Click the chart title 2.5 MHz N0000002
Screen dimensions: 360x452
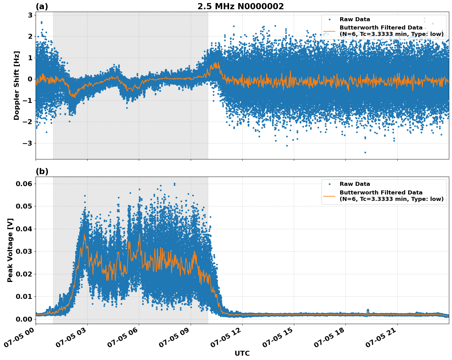point(240,6)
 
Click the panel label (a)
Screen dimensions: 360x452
point(42,6)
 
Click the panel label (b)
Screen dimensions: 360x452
point(42,171)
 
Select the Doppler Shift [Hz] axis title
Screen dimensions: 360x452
point(17,85)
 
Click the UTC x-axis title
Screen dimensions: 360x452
point(242,353)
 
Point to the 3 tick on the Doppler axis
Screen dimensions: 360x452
point(30,15)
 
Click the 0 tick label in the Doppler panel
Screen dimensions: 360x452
point(30,79)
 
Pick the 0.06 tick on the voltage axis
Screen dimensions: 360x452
point(24,184)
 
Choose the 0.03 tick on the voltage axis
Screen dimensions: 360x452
point(24,251)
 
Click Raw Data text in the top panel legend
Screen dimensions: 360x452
point(355,19)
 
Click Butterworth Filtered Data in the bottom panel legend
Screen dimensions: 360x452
point(381,193)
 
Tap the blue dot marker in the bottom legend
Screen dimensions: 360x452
point(329,184)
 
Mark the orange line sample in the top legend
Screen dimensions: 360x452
point(329,31)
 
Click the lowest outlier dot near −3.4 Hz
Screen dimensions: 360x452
point(365,152)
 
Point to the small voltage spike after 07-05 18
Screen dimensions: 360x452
point(368,311)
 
